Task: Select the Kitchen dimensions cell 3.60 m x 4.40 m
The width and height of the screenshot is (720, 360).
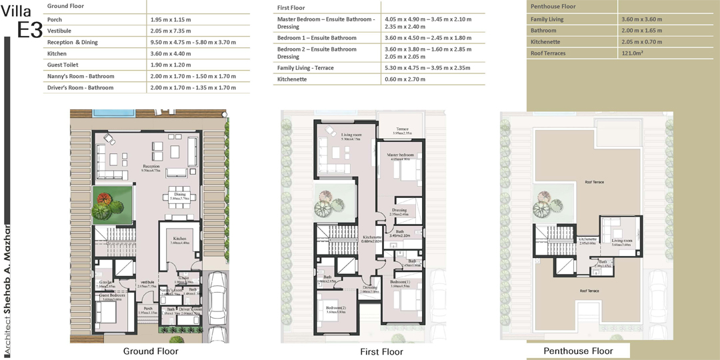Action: tap(172, 53)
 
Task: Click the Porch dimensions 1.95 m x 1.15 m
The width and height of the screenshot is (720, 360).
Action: tap(172, 20)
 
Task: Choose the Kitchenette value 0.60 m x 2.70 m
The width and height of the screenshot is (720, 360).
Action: tap(407, 79)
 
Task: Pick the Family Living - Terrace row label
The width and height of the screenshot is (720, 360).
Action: tap(305, 68)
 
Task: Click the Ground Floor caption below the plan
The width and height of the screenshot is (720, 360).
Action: tap(151, 351)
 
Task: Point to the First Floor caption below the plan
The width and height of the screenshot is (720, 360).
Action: tap(381, 352)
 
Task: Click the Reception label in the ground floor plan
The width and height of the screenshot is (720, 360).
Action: tap(151, 166)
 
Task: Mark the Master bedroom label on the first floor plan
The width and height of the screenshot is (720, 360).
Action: tap(402, 155)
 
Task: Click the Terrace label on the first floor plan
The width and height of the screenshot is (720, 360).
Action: tap(402, 129)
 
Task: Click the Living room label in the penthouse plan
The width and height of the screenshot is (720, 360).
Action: tap(622, 241)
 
